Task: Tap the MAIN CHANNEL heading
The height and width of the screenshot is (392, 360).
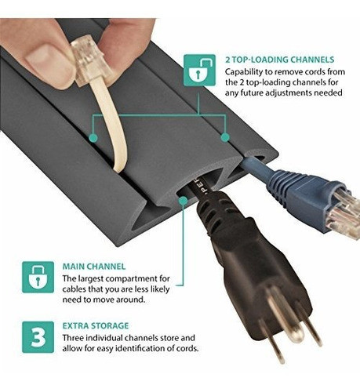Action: (95, 266)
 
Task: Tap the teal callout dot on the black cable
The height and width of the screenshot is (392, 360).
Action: (182, 201)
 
